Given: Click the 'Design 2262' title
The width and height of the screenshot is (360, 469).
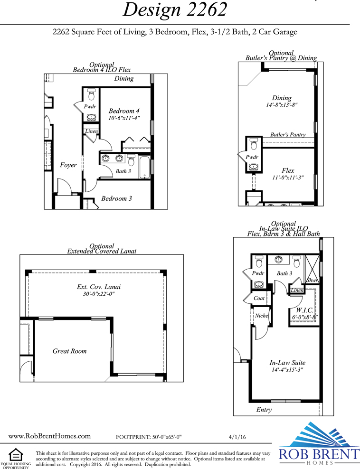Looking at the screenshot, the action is click(x=175, y=9).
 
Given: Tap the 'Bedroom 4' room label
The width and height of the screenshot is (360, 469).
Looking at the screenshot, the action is click(x=124, y=111).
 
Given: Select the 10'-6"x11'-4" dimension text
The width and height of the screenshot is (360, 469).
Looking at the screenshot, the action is click(x=124, y=118).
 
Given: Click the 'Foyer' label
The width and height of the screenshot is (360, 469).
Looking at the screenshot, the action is click(x=68, y=165).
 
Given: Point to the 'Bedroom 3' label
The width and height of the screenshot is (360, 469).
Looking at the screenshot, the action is click(x=116, y=198).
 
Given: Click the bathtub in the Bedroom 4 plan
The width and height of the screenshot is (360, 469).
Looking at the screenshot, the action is click(x=144, y=168).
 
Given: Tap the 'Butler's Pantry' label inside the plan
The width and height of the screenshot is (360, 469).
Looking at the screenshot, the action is click(x=288, y=135).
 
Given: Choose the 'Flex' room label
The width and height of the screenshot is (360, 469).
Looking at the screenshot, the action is click(x=288, y=170).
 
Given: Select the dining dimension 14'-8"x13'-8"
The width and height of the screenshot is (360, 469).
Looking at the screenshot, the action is click(x=282, y=105).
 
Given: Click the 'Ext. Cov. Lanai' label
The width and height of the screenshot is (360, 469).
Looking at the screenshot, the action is click(x=99, y=287).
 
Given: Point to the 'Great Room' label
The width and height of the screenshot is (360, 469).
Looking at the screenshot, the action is click(x=69, y=351).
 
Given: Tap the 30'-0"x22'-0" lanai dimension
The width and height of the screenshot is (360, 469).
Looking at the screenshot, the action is click(x=99, y=294).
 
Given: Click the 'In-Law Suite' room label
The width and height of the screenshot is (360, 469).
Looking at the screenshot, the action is click(x=287, y=363).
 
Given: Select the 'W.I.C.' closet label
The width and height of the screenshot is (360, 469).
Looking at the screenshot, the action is click(x=304, y=310).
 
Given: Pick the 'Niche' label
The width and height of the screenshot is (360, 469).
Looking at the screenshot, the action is click(x=261, y=316).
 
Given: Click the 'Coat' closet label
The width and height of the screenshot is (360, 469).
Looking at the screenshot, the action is click(x=259, y=298).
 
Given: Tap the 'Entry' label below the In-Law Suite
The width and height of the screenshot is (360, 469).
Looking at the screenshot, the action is click(x=264, y=410).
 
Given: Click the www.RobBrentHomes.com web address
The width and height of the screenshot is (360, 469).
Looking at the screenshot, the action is click(x=49, y=436).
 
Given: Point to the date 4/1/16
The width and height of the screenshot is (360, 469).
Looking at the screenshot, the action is click(x=237, y=437).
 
